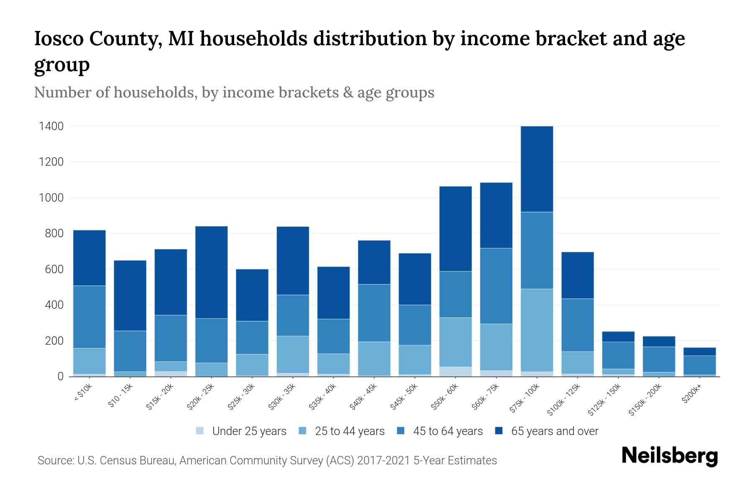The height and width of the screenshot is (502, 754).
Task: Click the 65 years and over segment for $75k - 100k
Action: pyautogui.click(x=537, y=169)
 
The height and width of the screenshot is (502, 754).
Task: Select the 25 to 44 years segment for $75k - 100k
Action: pyautogui.click(x=537, y=330)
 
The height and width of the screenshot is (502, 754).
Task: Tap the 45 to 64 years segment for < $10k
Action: pyautogui.click(x=89, y=317)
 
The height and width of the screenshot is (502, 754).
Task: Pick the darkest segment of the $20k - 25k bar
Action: pyautogui.click(x=212, y=272)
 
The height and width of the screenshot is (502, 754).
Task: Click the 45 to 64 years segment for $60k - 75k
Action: pyautogui.click(x=496, y=286)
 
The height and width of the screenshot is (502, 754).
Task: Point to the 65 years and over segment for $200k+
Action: pyautogui.click(x=700, y=351)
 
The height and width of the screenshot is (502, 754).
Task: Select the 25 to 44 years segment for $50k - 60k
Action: pyautogui.click(x=455, y=342)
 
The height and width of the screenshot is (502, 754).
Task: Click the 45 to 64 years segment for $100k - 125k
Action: pyautogui.click(x=577, y=325)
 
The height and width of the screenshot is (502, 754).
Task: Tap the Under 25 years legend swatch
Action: pyautogui.click(x=200, y=430)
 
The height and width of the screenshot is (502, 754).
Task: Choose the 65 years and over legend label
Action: pyautogui.click(x=554, y=431)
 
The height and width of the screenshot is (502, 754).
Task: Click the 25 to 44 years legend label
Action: pyautogui.click(x=349, y=431)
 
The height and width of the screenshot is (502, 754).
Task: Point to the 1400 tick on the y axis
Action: pyautogui.click(x=51, y=126)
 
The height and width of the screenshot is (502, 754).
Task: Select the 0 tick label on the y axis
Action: pyautogui.click(x=60, y=376)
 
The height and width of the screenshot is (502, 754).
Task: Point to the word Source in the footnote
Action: pyautogui.click(x=55, y=461)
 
